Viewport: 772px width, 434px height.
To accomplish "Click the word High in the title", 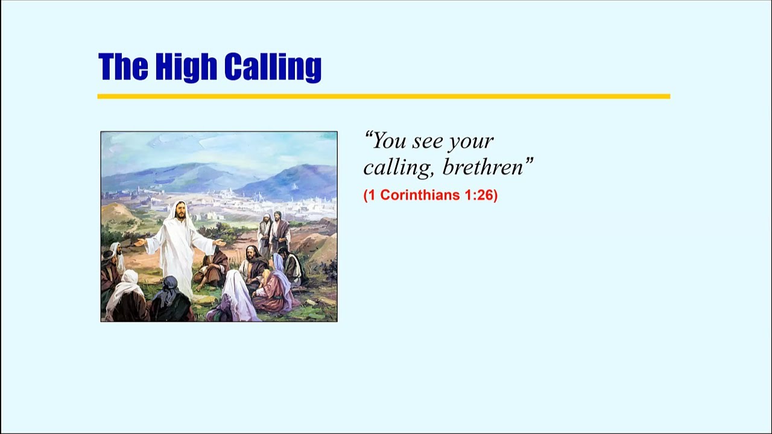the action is (186, 67).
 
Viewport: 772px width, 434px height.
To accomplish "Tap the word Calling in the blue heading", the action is (273, 67).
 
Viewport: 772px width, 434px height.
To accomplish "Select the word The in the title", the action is (123, 66).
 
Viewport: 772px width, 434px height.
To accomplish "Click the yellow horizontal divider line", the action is (384, 96).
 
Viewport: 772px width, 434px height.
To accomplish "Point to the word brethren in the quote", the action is (487, 167).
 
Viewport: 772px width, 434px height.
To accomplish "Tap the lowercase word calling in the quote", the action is (398, 168).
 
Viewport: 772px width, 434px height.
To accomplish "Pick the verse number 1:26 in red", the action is (479, 195).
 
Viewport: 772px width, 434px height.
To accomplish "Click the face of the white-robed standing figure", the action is (180, 211).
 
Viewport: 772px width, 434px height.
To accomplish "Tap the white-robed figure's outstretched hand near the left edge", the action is (139, 242).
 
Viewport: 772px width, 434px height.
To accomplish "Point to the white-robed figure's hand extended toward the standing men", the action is (219, 242).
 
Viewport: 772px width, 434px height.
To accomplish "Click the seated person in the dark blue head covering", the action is (171, 298).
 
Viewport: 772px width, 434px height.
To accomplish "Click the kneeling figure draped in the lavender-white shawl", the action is (235, 296).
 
